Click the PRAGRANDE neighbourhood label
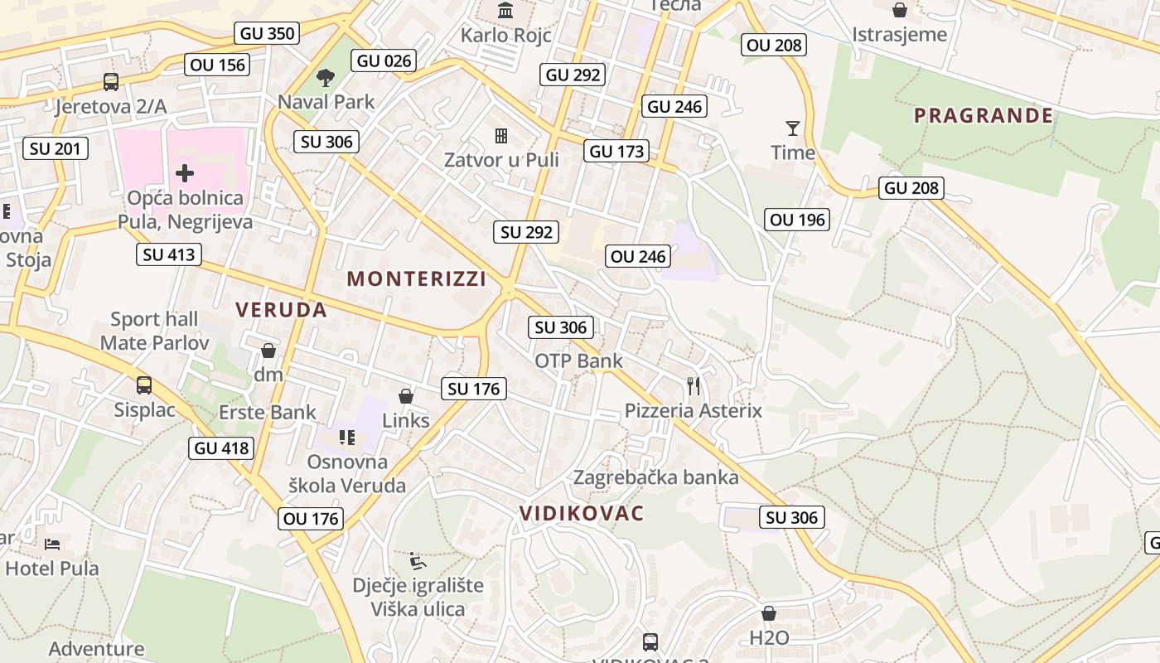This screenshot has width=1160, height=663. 984,115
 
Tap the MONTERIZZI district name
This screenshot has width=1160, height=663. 417,278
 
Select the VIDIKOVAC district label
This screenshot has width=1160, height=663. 582,513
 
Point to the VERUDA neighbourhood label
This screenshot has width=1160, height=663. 281,310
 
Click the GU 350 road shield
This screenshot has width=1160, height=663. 267,33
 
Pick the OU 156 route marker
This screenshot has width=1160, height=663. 218,65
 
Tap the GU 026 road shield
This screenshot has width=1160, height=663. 384,60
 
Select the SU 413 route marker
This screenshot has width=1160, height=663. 169,254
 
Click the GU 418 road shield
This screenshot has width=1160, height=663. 221,448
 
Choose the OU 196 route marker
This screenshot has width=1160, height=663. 798,220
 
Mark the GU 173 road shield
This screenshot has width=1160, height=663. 616,152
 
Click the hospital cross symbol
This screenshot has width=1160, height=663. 185,173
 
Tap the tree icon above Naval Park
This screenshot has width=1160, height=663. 326,78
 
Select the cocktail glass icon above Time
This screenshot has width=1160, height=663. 793,128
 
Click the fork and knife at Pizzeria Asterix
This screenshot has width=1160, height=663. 694,385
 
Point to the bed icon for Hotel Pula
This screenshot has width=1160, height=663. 52,544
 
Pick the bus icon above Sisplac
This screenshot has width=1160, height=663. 144,385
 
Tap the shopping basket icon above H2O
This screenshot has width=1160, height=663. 769,613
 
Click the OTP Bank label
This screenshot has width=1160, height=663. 578,361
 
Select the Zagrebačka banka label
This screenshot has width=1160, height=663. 655,477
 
